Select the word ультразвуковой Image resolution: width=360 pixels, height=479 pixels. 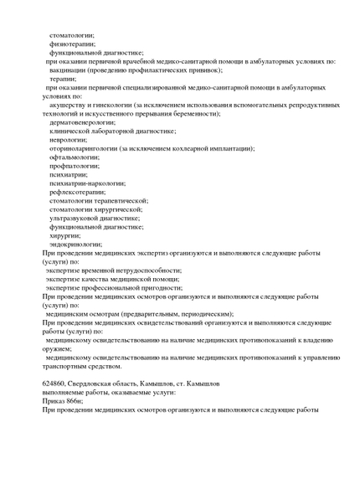[77, 218]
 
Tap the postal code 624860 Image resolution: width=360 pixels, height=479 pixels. [54, 383]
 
